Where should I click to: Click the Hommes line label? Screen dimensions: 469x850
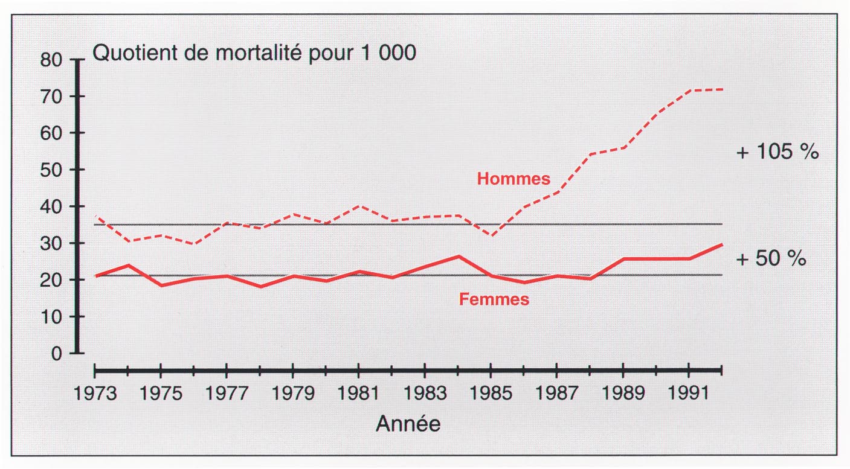514,179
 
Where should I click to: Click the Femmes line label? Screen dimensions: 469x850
494,299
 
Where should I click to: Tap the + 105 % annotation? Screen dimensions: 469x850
778,152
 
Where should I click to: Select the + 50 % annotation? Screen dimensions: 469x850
771,259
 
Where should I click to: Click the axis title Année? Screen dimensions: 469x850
408,424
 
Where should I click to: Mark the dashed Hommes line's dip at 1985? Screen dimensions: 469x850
491,235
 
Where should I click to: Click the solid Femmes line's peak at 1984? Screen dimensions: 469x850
458,257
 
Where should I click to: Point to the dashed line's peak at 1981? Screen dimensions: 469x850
359,206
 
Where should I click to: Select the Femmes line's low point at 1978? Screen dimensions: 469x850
260,286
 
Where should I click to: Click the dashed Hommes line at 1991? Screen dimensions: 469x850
689,91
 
